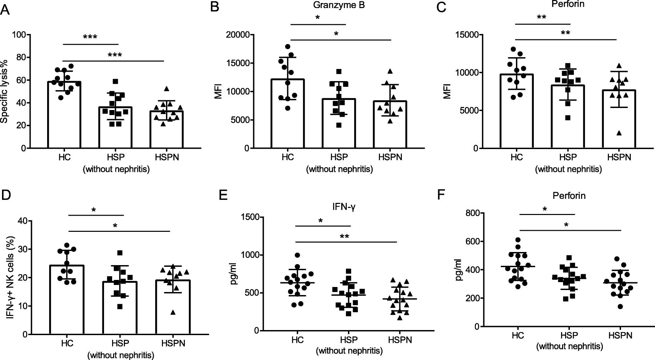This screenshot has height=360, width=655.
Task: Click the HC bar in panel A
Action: [64, 114]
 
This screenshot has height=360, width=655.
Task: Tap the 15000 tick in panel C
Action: [466, 35]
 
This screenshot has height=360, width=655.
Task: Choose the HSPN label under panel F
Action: [620, 335]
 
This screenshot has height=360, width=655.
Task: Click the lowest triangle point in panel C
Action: [619, 133]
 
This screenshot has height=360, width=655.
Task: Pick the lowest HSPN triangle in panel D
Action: [173, 312]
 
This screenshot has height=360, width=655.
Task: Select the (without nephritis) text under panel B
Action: [339, 169]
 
